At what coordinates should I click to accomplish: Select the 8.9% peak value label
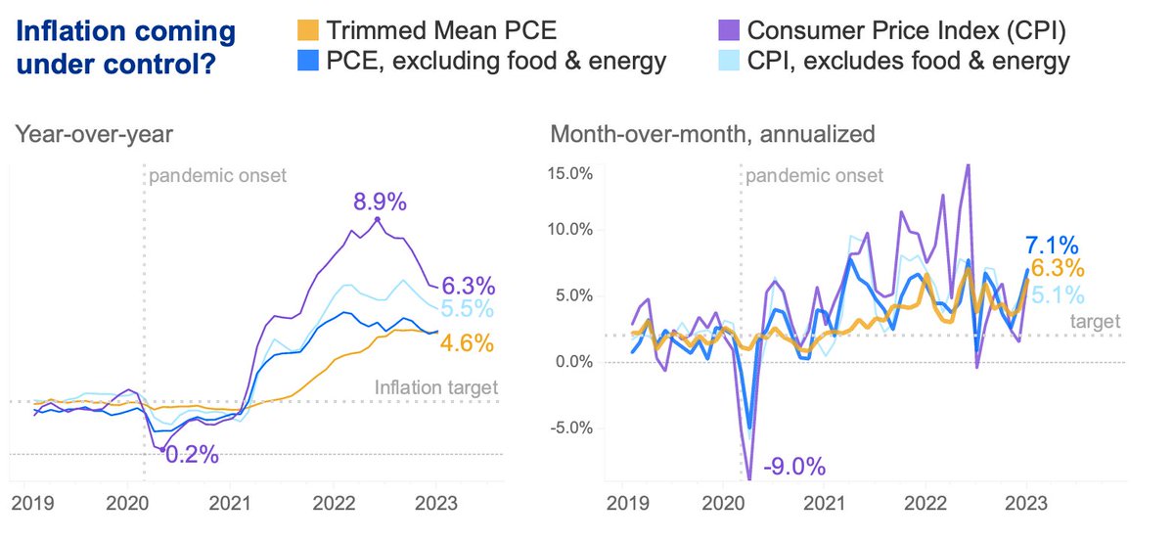[379, 202]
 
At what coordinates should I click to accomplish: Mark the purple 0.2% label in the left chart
[190, 455]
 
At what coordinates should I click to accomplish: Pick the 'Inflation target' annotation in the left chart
[436, 388]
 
